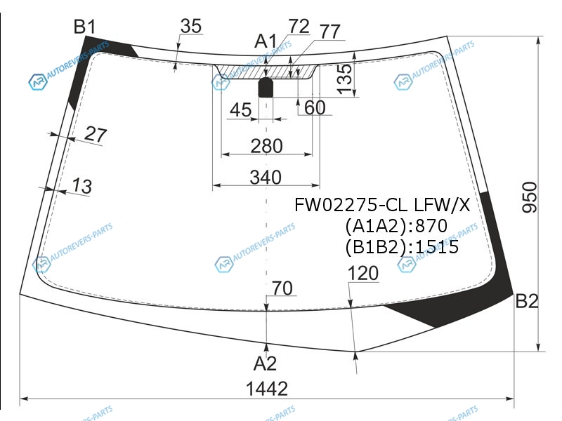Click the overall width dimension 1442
pyautogui.click(x=267, y=389)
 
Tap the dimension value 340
pyautogui.click(x=266, y=177)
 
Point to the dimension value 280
pyautogui.click(x=266, y=146)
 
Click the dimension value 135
pyautogui.click(x=344, y=76)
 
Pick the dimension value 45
pyautogui.click(x=240, y=109)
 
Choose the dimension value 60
pyautogui.click(x=315, y=108)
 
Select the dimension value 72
pyautogui.click(x=299, y=27)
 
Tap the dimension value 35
pyautogui.click(x=190, y=26)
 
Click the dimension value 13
pyautogui.click(x=81, y=187)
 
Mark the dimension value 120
pyautogui.click(x=362, y=274)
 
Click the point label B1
pyautogui.click(x=85, y=27)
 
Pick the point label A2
pyautogui.click(x=265, y=363)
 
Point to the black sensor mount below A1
pyautogui.click(x=266, y=88)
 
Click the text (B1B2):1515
pyautogui.click(x=402, y=247)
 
